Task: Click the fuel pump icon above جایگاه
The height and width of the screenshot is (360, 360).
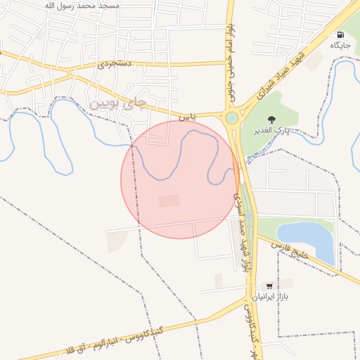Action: [x=340, y=35]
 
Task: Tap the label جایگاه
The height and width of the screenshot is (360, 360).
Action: [x=340, y=46]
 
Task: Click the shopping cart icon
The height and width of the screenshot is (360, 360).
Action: [x=269, y=286]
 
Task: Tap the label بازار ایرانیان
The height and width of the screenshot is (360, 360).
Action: [x=271, y=297]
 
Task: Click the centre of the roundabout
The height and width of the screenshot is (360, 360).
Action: [x=231, y=118]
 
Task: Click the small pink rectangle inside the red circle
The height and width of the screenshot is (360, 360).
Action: [x=169, y=201]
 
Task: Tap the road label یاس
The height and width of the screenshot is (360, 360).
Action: [x=185, y=116]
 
